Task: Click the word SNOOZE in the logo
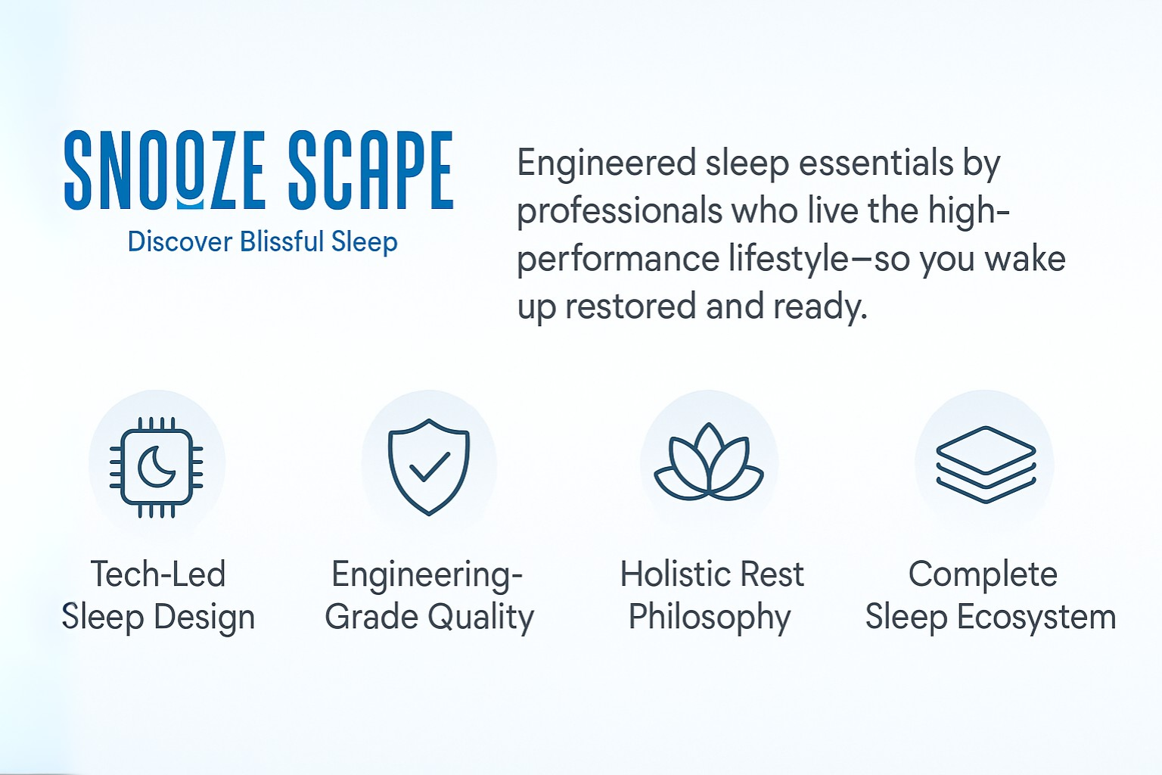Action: [x=165, y=170]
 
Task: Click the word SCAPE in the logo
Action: [x=371, y=170]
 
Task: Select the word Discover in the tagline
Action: [x=180, y=242]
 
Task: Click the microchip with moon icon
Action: [x=156, y=467]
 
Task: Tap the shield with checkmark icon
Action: [x=429, y=467]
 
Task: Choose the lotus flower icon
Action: [x=709, y=462]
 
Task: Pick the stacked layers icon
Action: [x=986, y=465]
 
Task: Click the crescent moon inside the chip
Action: [x=156, y=468]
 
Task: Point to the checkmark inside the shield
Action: [x=430, y=467]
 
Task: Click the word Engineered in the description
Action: [x=607, y=164]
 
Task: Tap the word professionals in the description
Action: [x=620, y=213]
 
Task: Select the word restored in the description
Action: [x=629, y=307]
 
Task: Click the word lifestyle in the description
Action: [x=788, y=259]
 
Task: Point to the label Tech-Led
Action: [x=158, y=574]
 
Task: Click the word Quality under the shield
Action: [x=481, y=618]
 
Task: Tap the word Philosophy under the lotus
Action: [x=710, y=618]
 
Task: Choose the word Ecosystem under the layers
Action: [x=1036, y=618]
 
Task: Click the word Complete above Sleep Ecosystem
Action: [x=983, y=575]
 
